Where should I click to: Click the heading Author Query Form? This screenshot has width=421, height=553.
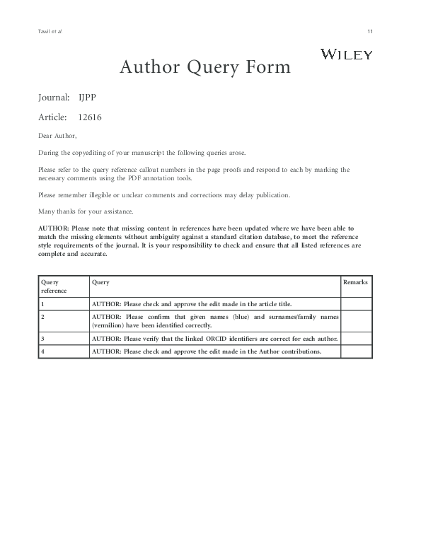(204, 67)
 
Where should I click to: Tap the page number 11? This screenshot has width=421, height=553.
(370, 32)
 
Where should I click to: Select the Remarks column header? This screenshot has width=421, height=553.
(355, 282)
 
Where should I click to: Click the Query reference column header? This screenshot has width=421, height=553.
(54, 286)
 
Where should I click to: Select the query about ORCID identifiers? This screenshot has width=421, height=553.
(214, 339)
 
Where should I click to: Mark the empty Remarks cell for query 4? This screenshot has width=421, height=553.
(356, 351)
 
